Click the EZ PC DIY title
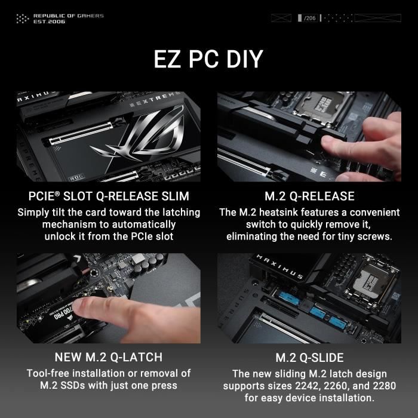(x=208, y=60)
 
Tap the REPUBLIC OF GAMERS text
(x=68, y=16)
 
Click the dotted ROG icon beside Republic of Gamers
(x=22, y=19)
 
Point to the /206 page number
(x=309, y=19)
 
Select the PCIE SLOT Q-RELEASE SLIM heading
(x=109, y=196)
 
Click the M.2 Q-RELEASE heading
(x=309, y=196)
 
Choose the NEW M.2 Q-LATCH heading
(x=109, y=357)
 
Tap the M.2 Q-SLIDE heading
(x=309, y=358)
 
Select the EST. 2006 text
(x=49, y=21)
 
